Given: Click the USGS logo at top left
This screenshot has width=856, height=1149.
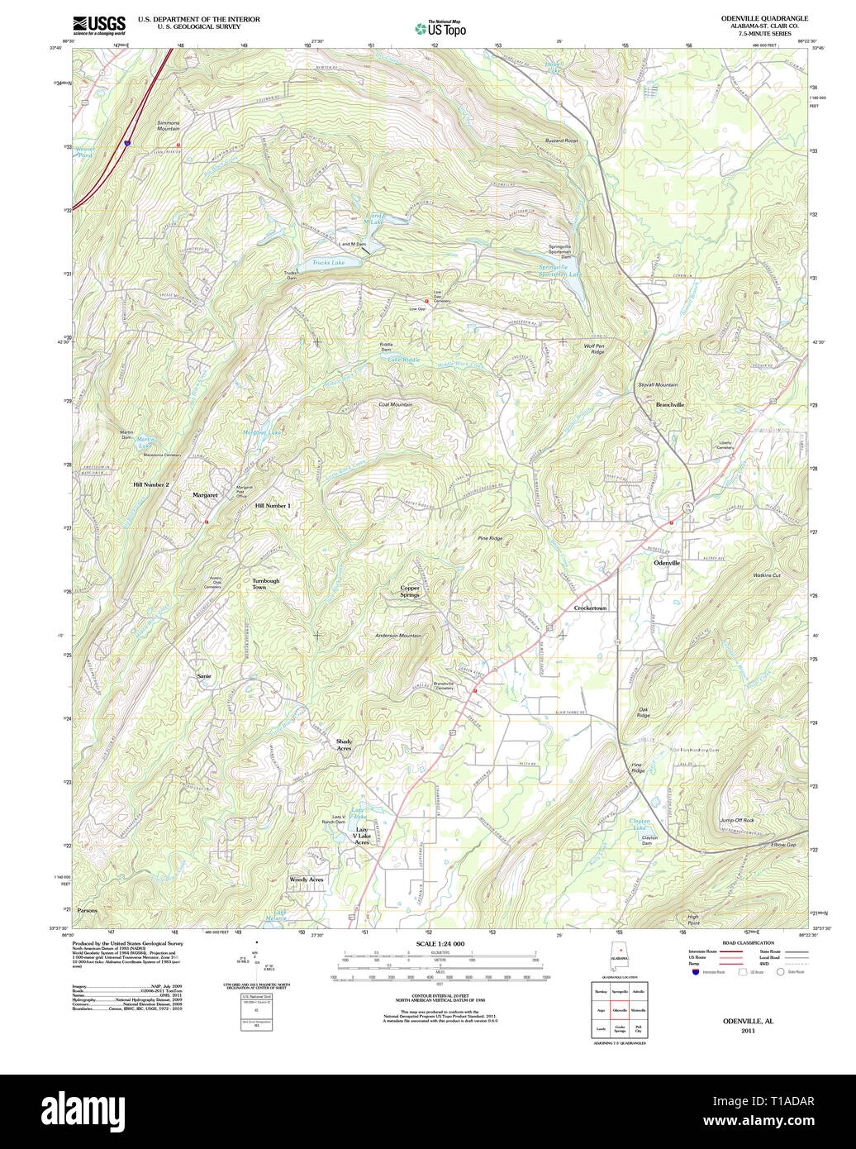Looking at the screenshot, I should coord(99,24).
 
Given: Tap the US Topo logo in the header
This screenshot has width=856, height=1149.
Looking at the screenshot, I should coord(440,29).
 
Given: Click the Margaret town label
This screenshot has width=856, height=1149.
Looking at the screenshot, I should coord(205,495).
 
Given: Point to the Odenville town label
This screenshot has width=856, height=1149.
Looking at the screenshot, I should coord(667,563).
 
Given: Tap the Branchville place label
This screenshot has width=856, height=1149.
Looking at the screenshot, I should coord(670,405).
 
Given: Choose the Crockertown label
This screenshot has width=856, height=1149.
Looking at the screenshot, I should coord(590,608).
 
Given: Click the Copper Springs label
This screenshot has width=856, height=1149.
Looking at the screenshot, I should coord(410,592).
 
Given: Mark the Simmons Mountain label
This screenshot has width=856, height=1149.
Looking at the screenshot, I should coord(168,126).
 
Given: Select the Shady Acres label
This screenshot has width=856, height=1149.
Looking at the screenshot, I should coord(344,745).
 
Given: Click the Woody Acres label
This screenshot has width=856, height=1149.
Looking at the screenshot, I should coord(307,880).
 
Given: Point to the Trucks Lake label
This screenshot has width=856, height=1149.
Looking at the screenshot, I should coord(328,263).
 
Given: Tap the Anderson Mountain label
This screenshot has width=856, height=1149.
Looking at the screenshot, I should coord(398,636).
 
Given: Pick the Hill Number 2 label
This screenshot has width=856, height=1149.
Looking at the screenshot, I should coord(151,484).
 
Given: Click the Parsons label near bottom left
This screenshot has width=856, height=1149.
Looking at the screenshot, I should coord(87,910).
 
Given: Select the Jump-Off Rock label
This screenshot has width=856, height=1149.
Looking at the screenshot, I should coord(737,821).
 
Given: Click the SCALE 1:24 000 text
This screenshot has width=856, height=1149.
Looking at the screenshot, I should coord(440,944).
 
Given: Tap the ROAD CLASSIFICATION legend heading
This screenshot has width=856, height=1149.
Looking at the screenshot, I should coord(747,943).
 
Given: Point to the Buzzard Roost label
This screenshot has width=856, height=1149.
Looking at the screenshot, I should coord(561,141).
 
